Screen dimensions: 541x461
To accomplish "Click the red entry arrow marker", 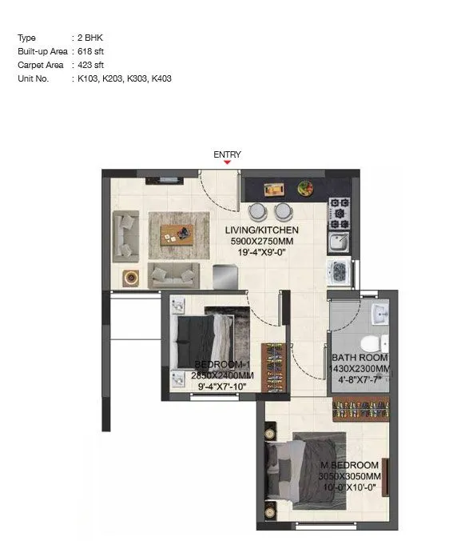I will coord(228,162).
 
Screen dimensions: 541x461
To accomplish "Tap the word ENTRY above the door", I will coord(227,154).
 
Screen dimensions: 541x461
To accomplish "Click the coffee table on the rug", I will coord(177,234).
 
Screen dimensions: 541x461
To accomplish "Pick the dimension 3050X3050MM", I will coord(350,476).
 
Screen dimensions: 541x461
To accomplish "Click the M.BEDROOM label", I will coord(350,465).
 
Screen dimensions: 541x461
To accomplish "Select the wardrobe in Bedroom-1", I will coord(273,367).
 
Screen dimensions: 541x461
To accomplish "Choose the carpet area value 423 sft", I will coord(89,65).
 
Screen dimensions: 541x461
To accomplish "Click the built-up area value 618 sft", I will coord(89,51).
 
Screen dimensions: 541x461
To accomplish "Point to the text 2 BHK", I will coord(88,38).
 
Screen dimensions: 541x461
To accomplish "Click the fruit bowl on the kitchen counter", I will coord(304,189).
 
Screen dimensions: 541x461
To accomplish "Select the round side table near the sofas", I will coord(129,278).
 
